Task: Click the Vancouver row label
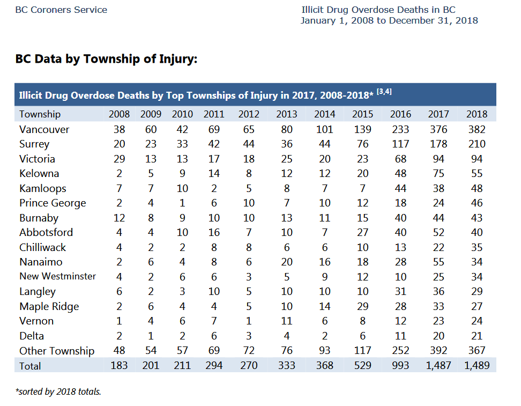[x=44, y=129]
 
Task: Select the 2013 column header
[x=286, y=114]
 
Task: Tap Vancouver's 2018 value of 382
[x=477, y=129]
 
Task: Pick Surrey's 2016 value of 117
[x=400, y=144]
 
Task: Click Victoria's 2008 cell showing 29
[x=119, y=159]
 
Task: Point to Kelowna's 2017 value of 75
[x=438, y=174]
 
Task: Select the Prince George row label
[x=53, y=203]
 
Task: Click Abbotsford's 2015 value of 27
[x=362, y=232]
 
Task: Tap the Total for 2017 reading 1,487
[x=438, y=365]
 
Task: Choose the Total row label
[x=30, y=366]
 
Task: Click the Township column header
[x=40, y=114]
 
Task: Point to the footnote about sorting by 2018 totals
[x=58, y=392]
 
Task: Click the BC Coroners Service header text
[x=61, y=10]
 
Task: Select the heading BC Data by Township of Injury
[x=106, y=59]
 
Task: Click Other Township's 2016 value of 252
[x=400, y=350]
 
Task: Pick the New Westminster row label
[x=57, y=276]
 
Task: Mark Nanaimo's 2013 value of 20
[x=286, y=262]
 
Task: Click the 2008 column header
[x=119, y=114]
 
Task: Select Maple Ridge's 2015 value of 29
[x=362, y=306]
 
